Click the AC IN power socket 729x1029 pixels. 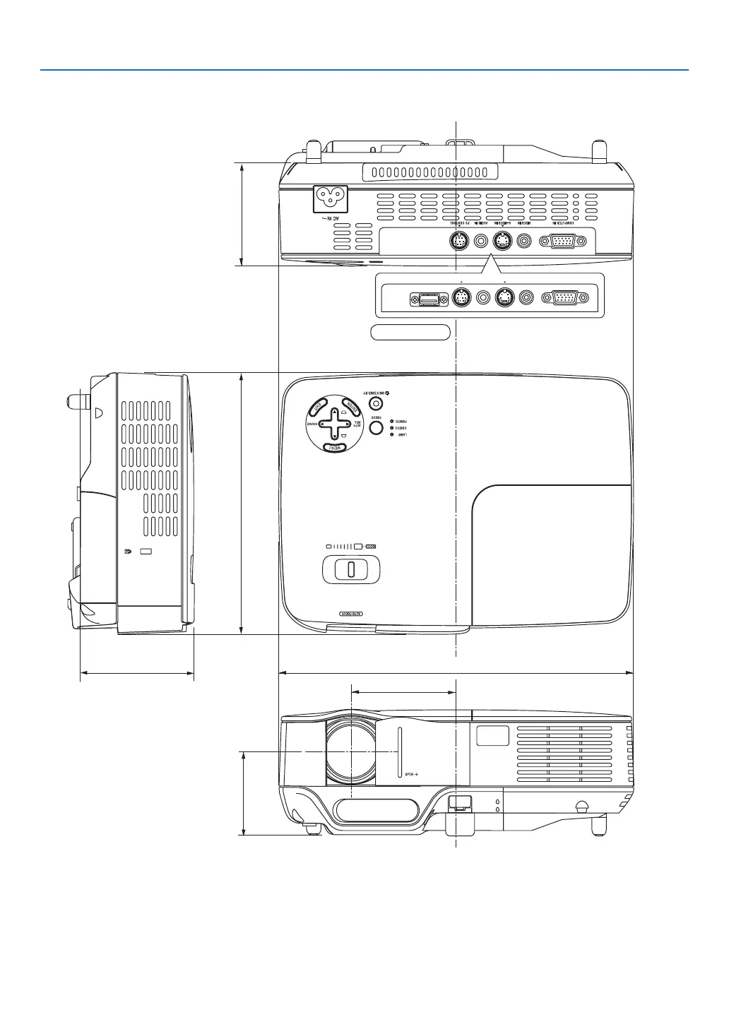tap(331, 198)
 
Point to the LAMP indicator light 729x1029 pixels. tap(392, 434)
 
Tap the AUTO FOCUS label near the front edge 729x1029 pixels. tap(351, 614)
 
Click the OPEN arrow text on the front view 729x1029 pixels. tap(411, 774)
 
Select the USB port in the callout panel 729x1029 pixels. tap(428, 299)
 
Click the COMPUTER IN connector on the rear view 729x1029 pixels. tap(562, 241)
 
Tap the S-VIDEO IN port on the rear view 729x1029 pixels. tap(502, 241)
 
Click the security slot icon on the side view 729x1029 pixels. tap(127, 552)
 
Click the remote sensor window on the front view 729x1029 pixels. tap(493, 735)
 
